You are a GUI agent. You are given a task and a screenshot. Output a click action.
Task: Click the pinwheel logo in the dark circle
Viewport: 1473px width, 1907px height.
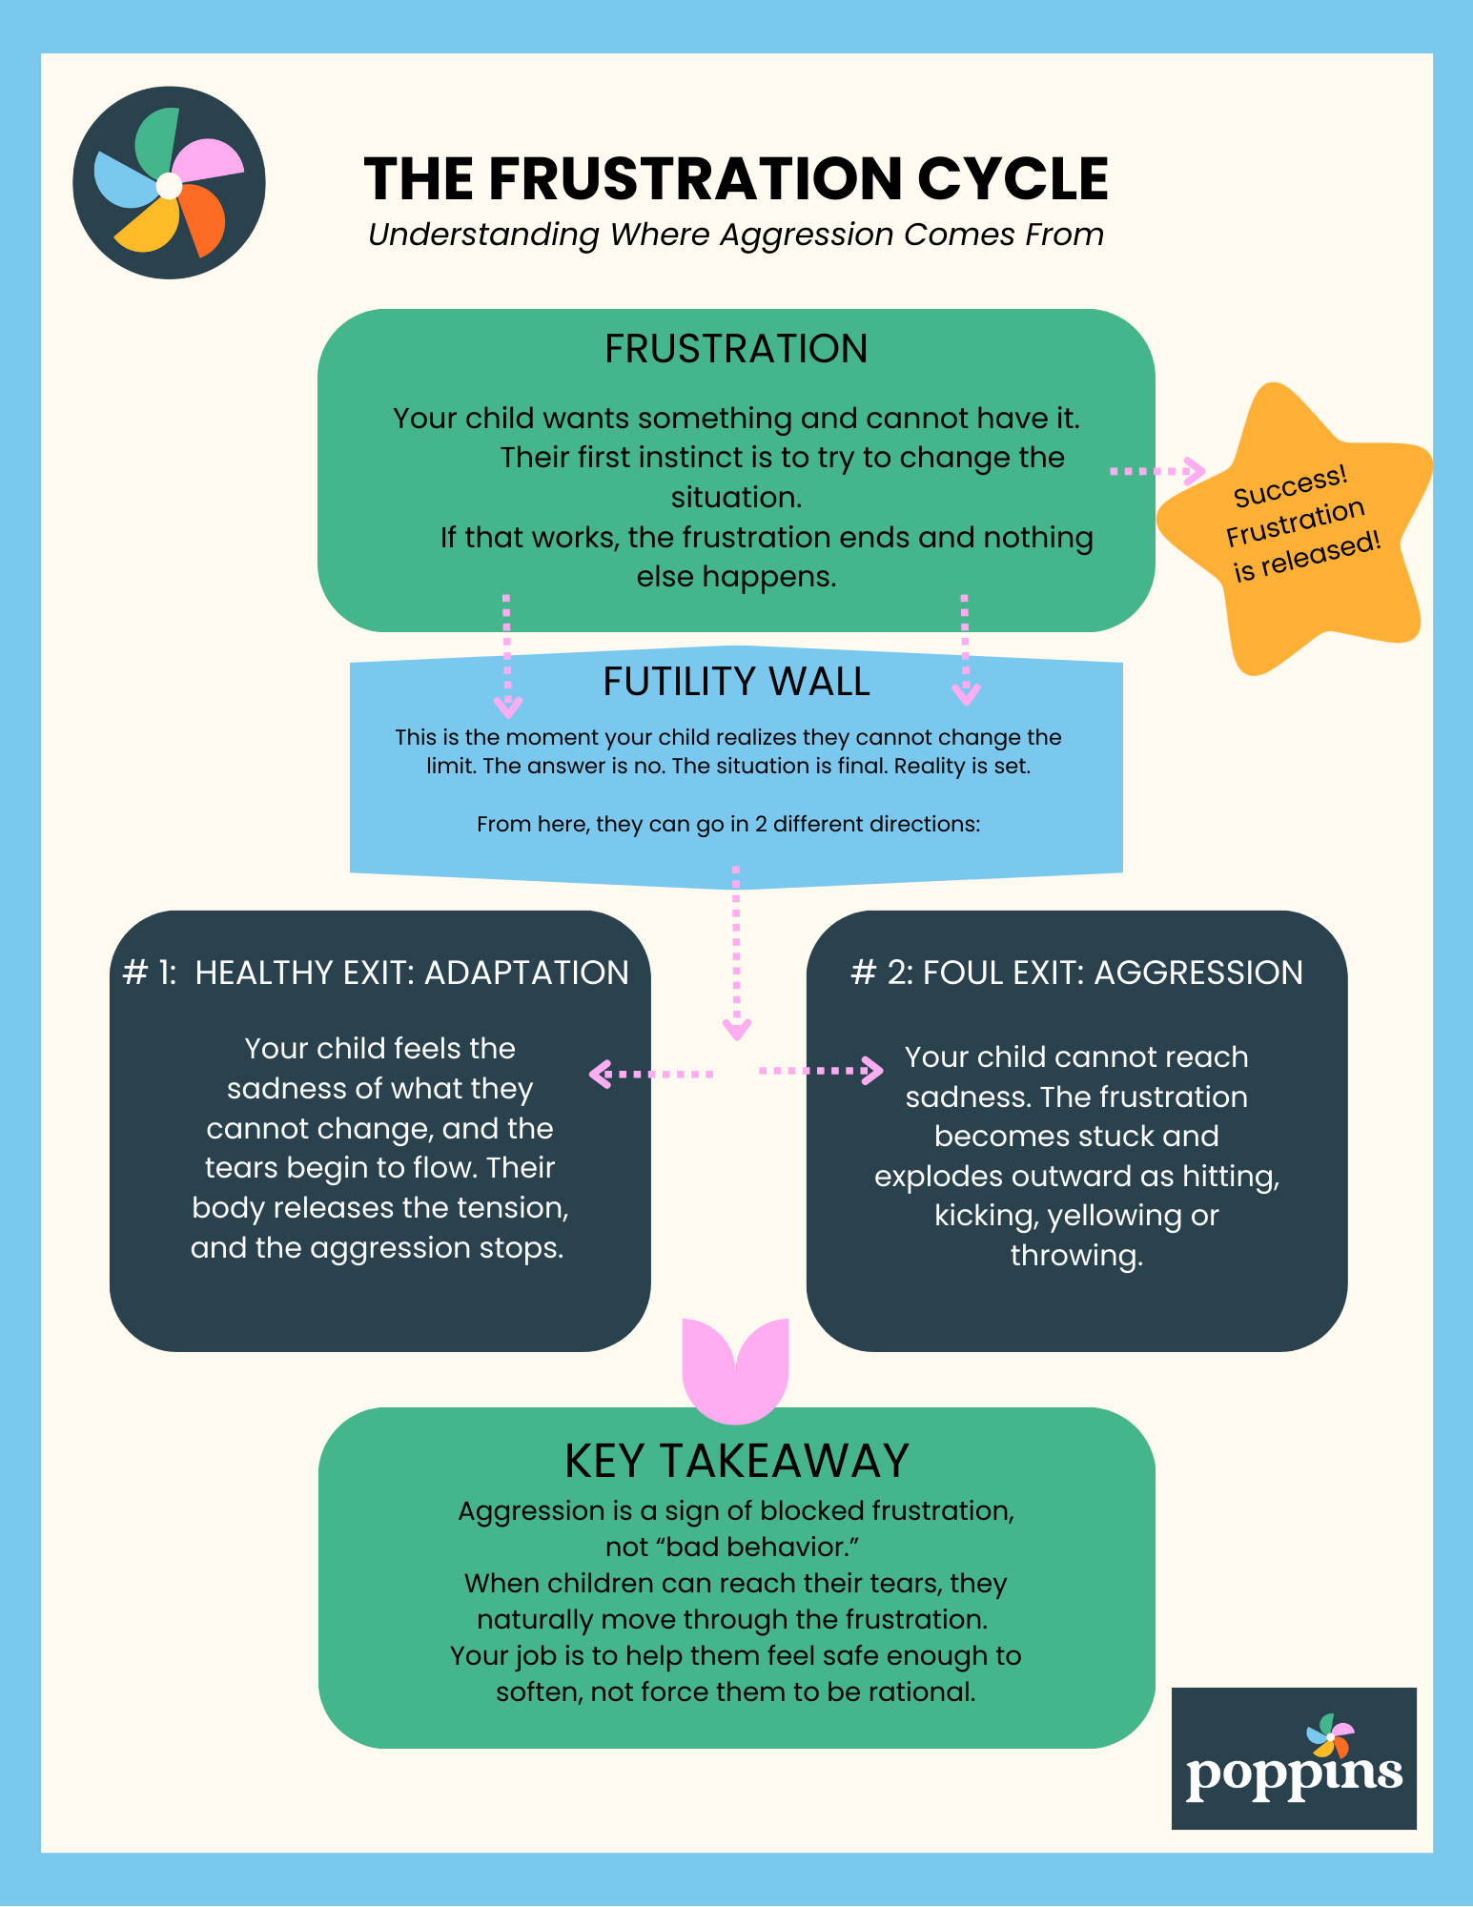click(169, 183)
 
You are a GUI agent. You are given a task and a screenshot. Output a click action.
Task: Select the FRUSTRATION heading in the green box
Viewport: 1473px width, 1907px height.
click(736, 349)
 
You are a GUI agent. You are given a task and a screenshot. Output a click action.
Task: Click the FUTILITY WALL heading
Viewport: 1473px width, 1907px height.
click(736, 682)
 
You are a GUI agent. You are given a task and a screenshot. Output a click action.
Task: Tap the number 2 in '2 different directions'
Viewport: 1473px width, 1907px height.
click(761, 824)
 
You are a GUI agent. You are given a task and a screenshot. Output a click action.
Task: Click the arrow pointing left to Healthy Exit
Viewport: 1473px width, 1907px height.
click(651, 1075)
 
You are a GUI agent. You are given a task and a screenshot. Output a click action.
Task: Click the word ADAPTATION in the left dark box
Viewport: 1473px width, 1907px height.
click(526, 973)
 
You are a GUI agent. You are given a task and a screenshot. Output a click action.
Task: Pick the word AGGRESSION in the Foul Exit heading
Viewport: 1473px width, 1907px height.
click(1198, 973)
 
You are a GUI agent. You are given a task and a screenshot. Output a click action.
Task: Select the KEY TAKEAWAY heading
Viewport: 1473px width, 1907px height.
click(736, 1461)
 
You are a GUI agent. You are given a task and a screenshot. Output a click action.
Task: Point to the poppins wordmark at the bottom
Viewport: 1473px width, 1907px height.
click(1294, 1774)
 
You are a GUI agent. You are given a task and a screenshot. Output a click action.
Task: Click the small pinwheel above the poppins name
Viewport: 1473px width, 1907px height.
click(1330, 1735)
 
